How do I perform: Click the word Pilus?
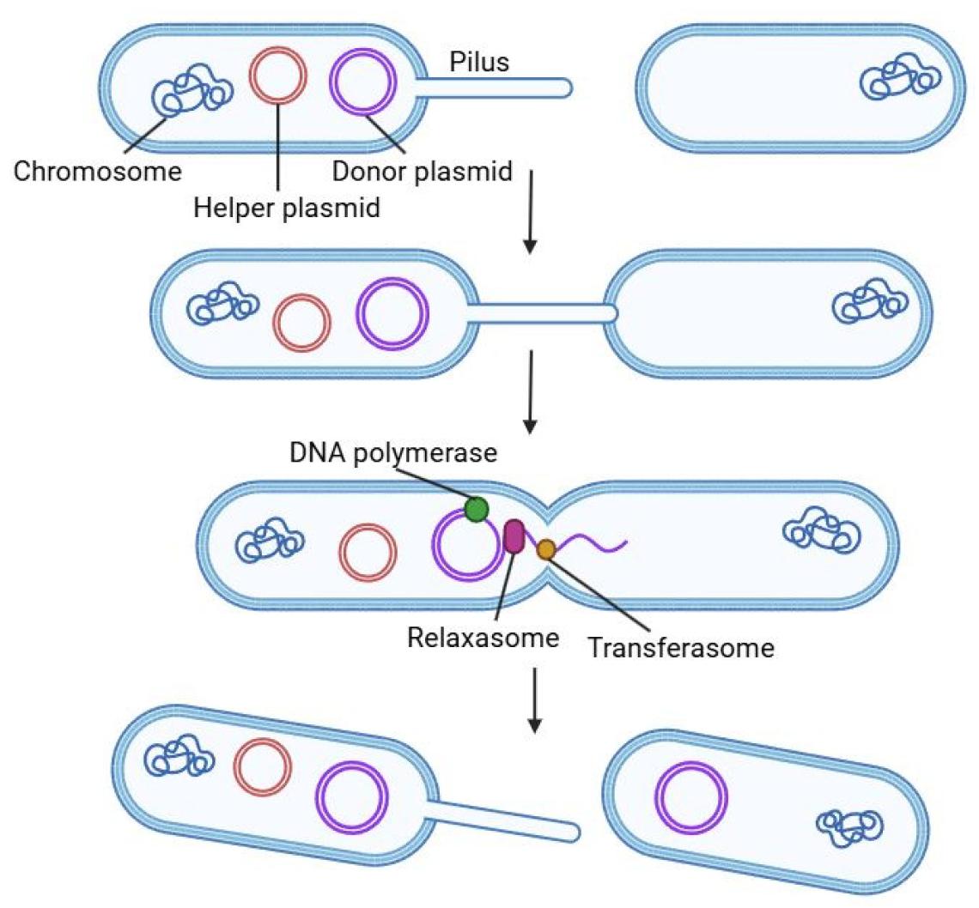point(479,62)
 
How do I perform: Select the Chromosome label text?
point(98,172)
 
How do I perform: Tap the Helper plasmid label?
point(287,208)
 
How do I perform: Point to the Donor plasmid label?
point(423,172)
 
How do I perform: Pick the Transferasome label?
point(680,646)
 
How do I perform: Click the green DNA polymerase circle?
point(476,509)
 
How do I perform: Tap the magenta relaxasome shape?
point(514,536)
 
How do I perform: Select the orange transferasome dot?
point(545,549)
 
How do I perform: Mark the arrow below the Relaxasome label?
point(534,700)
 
